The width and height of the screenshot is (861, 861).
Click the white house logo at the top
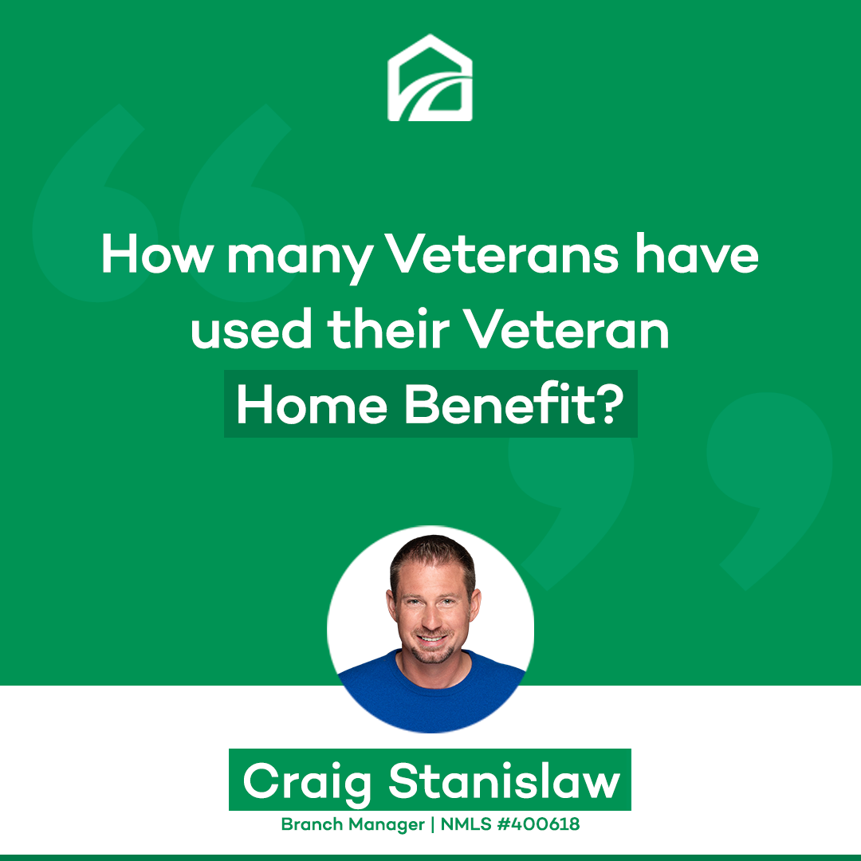tap(430, 78)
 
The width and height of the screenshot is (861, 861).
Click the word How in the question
tap(157, 254)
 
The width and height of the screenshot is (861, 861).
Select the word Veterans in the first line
tap(501, 254)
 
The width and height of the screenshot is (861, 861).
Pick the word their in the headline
tap(388, 328)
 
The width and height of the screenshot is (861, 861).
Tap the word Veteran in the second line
tap(567, 329)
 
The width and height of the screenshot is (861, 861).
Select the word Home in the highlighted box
tap(312, 405)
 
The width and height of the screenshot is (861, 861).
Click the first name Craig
tap(308, 781)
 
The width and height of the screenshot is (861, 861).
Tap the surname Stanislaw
tap(505, 780)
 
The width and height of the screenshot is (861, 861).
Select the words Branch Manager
tap(353, 825)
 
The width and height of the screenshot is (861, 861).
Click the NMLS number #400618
tap(538, 824)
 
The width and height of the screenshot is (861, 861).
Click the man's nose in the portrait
tap(431, 619)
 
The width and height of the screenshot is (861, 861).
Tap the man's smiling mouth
tap(431, 639)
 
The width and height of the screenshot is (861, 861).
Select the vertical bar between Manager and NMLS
tap(433, 825)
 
